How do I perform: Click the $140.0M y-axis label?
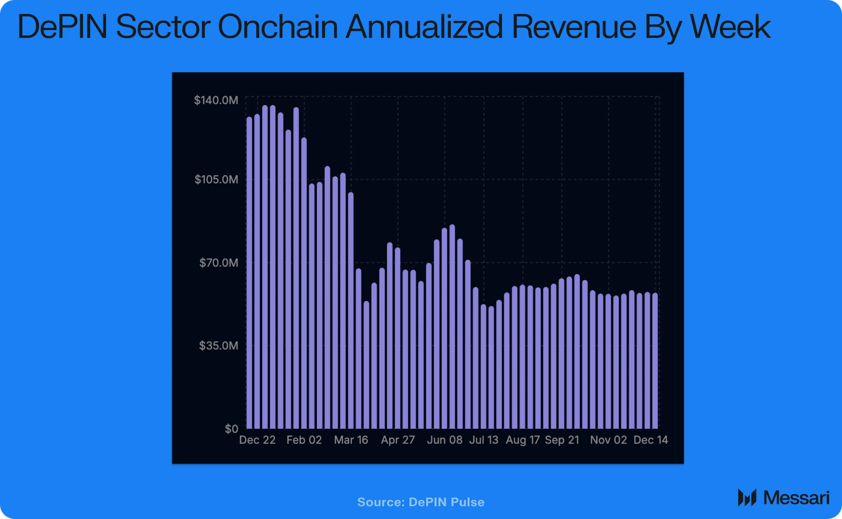click(x=216, y=100)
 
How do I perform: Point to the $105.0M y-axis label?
click(x=216, y=179)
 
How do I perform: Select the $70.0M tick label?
click(x=218, y=262)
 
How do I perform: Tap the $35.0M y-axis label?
click(x=218, y=345)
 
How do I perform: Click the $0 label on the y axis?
click(x=232, y=429)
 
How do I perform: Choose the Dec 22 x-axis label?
click(x=257, y=440)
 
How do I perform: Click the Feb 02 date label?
click(x=304, y=440)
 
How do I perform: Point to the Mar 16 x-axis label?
click(x=351, y=440)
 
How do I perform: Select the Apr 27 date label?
click(x=398, y=440)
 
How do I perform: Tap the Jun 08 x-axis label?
click(x=445, y=440)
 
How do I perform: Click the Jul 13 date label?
click(x=484, y=440)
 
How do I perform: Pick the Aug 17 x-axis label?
click(x=523, y=440)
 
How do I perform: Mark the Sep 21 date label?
click(x=562, y=440)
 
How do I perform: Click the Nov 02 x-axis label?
click(x=608, y=440)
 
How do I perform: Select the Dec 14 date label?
click(x=650, y=440)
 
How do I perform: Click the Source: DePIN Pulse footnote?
click(x=420, y=502)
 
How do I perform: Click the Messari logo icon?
click(x=747, y=497)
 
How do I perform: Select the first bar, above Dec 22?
click(x=249, y=273)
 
